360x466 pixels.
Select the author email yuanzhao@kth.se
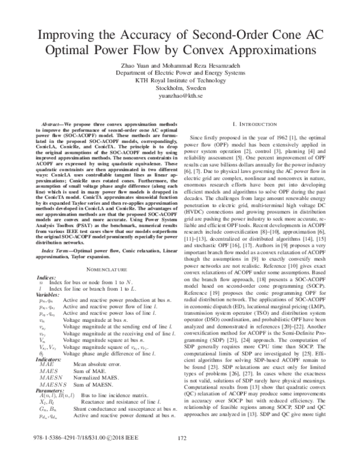[x=180, y=95]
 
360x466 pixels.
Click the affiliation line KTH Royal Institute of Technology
[x=180, y=77]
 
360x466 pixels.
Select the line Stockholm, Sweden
[x=180, y=86]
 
